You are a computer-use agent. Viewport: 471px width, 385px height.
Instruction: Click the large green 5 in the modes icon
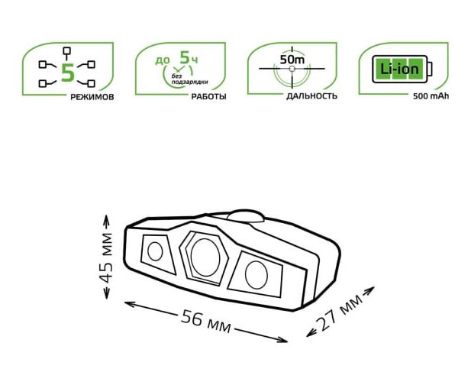tap(68, 73)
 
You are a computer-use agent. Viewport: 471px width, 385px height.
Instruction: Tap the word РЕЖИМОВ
tap(92, 97)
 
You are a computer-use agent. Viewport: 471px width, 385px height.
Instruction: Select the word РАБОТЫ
tap(209, 97)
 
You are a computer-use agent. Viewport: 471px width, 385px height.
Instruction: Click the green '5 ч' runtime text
tap(189, 58)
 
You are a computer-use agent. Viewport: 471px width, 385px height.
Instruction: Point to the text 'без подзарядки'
tap(189, 79)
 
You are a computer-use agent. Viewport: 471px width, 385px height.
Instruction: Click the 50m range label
tap(292, 60)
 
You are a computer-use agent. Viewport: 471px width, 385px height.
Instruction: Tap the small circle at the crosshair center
tap(292, 69)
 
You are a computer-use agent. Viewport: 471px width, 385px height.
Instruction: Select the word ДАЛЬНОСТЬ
tap(311, 96)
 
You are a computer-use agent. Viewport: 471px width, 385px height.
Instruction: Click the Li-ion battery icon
tap(402, 69)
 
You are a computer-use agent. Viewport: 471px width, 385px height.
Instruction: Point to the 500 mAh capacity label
tap(431, 96)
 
